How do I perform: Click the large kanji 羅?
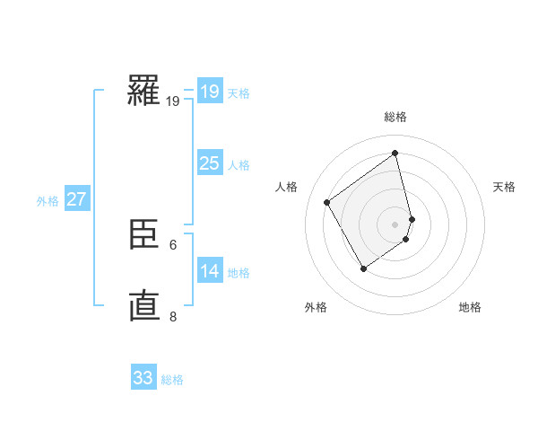tap(143, 90)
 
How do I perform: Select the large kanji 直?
tap(143, 305)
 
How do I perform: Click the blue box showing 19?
tap(210, 92)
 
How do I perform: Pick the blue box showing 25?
tap(210, 163)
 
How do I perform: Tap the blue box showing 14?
tap(210, 271)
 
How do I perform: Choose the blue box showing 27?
tap(77, 199)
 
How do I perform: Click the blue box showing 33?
tap(143, 378)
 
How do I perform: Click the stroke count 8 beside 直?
tap(173, 316)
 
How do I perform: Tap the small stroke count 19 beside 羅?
tap(173, 101)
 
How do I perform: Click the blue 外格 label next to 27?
tap(48, 201)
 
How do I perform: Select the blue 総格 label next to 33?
tap(172, 380)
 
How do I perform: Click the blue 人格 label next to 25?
tap(239, 165)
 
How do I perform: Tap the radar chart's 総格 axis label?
tap(395, 117)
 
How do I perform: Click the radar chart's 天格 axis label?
tap(505, 187)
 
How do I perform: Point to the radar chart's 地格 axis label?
tap(470, 307)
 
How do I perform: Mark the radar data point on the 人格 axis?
tap(327, 202)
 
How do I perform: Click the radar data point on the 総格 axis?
tap(395, 154)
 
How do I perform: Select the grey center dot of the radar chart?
tap(395, 224)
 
